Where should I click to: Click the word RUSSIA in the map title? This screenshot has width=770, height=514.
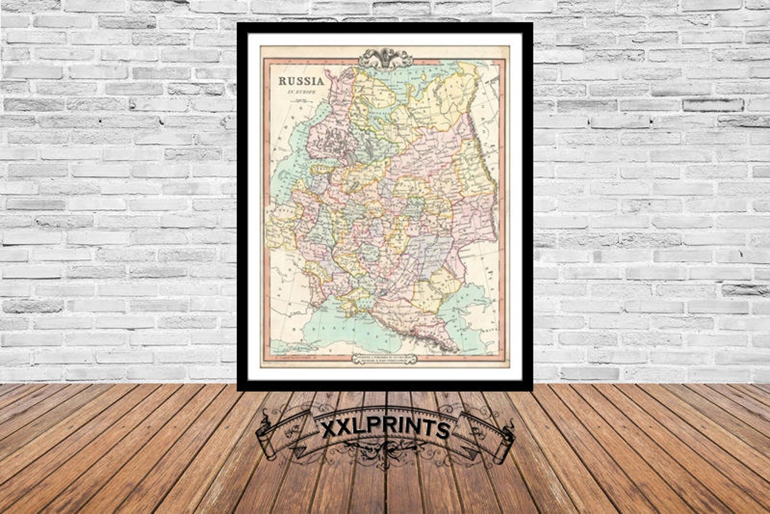(301, 81)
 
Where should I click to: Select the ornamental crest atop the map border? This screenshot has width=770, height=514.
(385, 58)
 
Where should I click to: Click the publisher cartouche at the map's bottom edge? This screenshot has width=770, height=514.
(385, 360)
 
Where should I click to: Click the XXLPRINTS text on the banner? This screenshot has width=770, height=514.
(384, 429)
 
